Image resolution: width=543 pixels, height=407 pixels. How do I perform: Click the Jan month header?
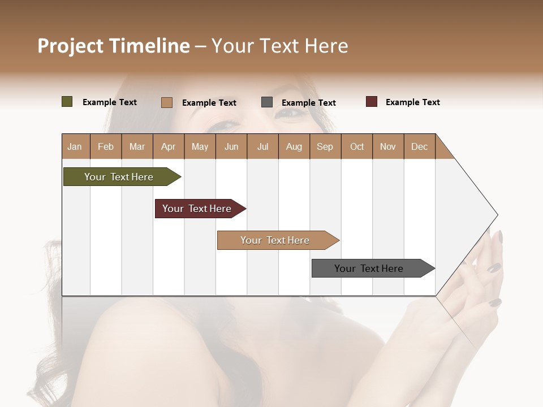tap(75, 146)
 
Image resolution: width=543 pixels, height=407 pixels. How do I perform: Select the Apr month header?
tap(168, 146)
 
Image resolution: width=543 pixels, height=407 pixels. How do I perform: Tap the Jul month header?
tap(262, 146)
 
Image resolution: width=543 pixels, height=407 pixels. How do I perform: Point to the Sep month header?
tap(325, 146)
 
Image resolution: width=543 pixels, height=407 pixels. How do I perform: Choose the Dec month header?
tap(419, 146)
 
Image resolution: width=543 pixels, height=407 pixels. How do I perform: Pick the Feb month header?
tap(106, 146)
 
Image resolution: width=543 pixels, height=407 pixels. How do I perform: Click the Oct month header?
tap(357, 146)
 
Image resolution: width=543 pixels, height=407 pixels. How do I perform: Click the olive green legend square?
tap(67, 102)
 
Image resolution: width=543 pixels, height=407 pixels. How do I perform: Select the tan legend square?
tap(166, 102)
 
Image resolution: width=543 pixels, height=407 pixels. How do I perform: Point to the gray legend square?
tap(267, 102)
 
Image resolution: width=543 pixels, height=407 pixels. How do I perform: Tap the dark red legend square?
tap(371, 102)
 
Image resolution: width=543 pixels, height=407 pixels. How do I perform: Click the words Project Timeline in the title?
tap(114, 46)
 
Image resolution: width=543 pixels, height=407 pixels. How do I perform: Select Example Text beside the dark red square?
tap(412, 102)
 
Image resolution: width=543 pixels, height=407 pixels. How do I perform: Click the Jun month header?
tap(231, 146)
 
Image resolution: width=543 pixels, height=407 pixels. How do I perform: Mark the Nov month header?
tap(387, 146)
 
